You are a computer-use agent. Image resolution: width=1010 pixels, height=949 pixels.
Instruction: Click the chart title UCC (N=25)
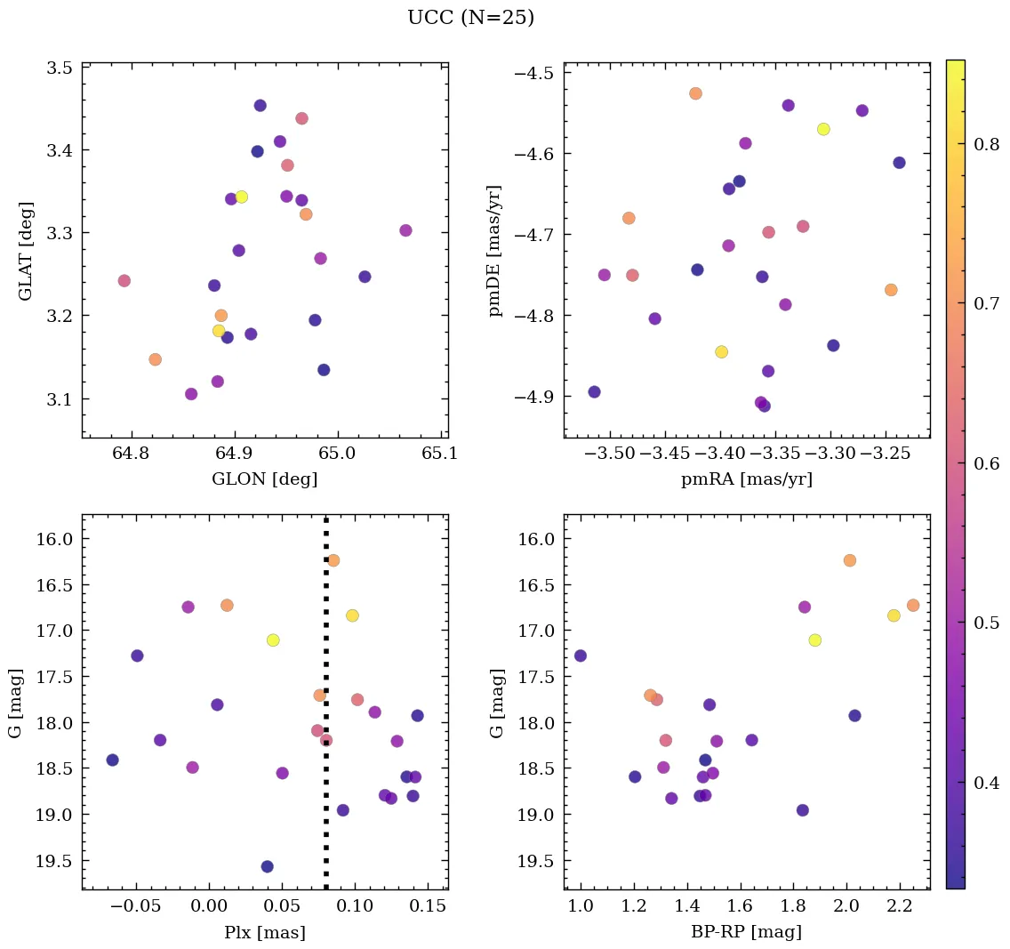pos(470,18)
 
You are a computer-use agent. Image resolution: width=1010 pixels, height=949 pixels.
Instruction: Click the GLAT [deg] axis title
pos(26,250)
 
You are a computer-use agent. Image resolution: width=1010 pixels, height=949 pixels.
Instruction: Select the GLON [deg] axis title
pos(264,479)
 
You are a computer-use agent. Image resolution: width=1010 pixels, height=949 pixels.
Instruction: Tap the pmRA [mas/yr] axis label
pos(747,479)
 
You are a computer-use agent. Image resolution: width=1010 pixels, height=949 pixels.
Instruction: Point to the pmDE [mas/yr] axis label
pos(495,250)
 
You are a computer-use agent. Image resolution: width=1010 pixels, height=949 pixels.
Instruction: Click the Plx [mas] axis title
pos(264,932)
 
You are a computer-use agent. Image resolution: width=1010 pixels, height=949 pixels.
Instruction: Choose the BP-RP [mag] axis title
pos(747,932)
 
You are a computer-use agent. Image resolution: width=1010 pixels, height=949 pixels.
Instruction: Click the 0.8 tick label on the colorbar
pos(982,144)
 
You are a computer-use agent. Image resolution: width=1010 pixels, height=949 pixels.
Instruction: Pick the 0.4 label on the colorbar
pos(982,783)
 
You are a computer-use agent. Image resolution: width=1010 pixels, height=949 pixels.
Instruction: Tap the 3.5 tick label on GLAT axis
pos(59,68)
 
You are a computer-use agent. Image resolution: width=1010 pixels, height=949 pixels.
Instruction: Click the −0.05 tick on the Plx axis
pos(132,906)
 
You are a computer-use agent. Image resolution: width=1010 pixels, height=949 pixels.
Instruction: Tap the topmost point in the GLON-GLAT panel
pos(260,106)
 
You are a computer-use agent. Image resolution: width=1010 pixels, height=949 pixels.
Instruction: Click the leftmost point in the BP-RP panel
pos(581,655)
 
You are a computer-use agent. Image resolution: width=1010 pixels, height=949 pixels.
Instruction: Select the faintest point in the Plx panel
pos(267,866)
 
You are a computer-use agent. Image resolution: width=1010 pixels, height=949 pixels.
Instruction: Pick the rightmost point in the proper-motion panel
pos(899,163)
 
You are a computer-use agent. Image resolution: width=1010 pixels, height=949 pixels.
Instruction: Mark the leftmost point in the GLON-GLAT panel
pos(124,281)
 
